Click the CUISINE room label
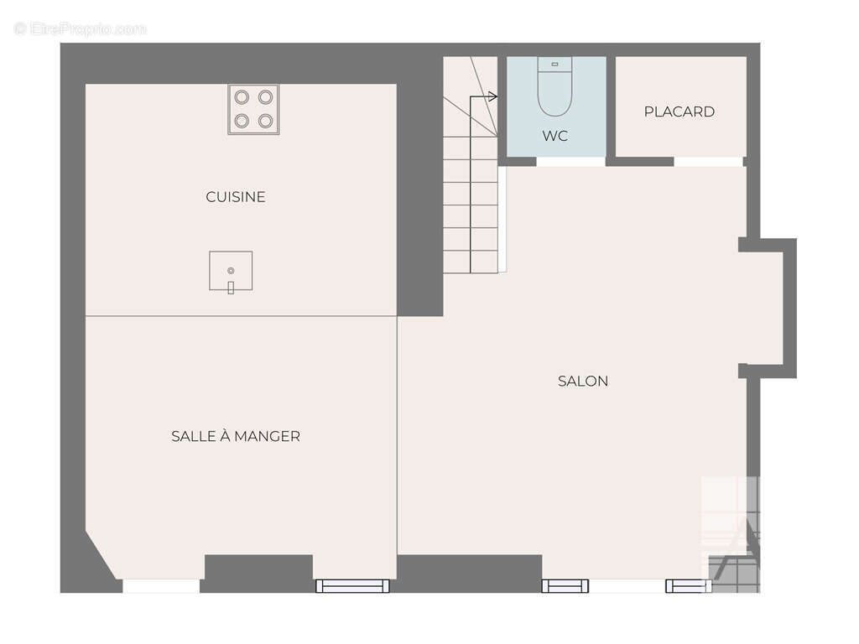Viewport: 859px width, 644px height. click(236, 196)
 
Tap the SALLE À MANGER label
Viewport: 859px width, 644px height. click(236, 436)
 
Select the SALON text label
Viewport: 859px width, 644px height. click(583, 382)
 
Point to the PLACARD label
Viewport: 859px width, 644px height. click(679, 112)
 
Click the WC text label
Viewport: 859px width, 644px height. click(555, 136)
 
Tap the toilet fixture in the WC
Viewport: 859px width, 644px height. click(555, 86)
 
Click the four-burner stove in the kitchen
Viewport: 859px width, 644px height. click(253, 109)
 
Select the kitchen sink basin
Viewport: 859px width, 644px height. click(231, 271)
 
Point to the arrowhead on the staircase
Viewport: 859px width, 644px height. click(492, 97)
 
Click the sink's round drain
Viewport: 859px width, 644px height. click(231, 271)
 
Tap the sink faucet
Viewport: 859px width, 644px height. click(231, 288)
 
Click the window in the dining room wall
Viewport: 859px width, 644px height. click(353, 586)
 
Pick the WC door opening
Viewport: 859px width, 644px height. click(570, 162)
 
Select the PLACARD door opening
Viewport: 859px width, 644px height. click(708, 162)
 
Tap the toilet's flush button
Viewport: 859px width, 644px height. click(555, 64)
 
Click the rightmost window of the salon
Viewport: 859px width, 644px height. click(689, 586)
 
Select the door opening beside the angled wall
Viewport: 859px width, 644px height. click(161, 586)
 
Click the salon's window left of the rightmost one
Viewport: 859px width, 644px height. click(565, 586)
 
